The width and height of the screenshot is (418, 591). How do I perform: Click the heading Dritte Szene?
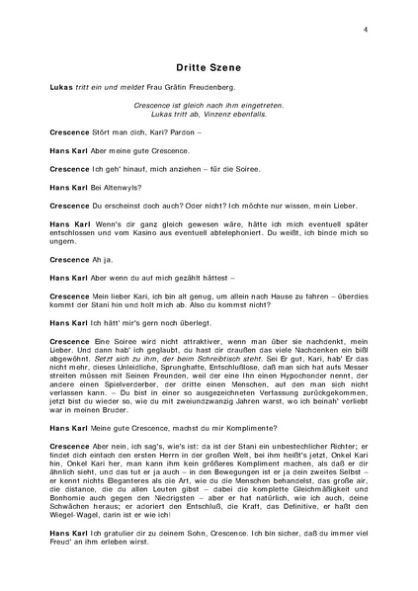209,67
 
